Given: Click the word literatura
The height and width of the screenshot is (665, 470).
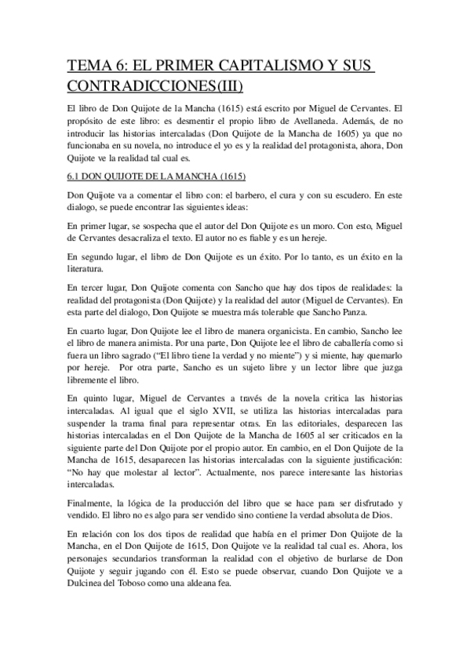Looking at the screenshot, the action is pos(88,271).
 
